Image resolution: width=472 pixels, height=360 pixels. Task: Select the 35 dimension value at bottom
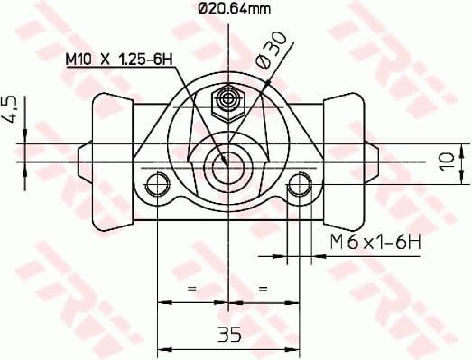coord(229,336)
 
